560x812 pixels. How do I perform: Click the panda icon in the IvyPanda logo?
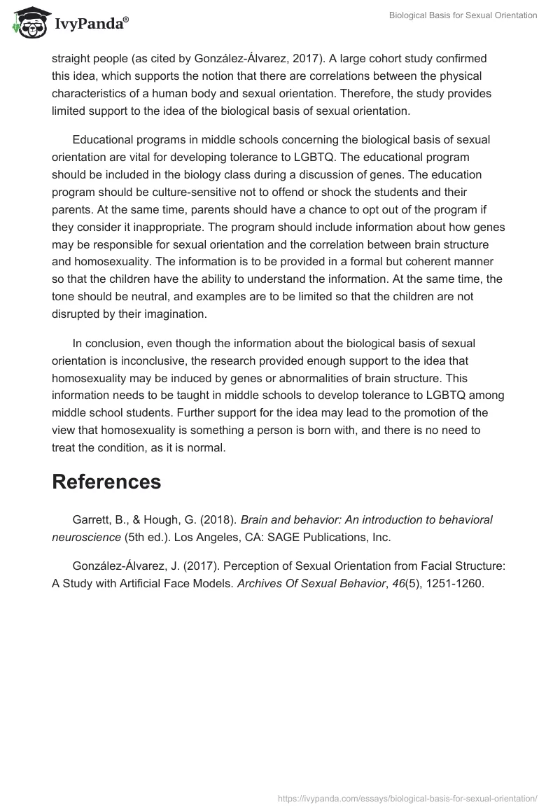point(27,22)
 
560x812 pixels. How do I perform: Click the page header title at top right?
point(463,16)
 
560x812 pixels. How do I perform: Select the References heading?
point(106,482)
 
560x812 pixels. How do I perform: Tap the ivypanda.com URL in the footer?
point(407,797)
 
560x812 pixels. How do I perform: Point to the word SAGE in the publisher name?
point(279,537)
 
